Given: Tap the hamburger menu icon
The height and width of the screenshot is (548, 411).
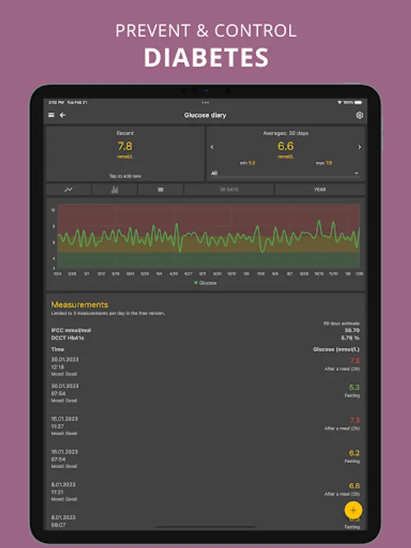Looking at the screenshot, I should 51,115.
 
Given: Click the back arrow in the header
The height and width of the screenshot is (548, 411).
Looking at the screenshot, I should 62,115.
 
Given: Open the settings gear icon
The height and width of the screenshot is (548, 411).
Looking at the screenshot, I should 359,115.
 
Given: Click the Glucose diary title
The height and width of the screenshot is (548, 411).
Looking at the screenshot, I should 205,115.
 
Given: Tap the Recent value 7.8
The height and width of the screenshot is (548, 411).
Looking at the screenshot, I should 125,146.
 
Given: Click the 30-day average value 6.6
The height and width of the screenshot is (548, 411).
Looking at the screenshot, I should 286,146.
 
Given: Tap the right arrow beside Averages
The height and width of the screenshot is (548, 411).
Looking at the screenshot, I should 359,147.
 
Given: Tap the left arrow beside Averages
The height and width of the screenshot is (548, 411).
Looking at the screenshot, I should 212,147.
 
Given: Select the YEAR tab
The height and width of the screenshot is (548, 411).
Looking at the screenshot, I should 320,189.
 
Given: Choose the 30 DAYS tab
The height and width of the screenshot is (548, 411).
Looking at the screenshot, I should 229,189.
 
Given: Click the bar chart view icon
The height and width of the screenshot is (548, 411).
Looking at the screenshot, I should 114,189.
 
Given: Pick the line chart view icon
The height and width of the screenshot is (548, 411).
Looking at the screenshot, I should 69,189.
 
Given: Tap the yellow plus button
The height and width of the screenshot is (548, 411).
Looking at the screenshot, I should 353,509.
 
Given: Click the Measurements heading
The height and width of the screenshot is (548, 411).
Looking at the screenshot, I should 80,304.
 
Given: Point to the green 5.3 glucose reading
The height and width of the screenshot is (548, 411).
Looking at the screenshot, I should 354,387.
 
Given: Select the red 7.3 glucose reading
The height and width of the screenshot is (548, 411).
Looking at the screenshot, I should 354,420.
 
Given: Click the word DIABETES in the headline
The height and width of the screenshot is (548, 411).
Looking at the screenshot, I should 206,57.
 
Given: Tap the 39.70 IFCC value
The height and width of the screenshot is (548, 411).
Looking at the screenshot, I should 351,330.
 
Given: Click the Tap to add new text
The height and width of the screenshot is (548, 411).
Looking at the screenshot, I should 125,176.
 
